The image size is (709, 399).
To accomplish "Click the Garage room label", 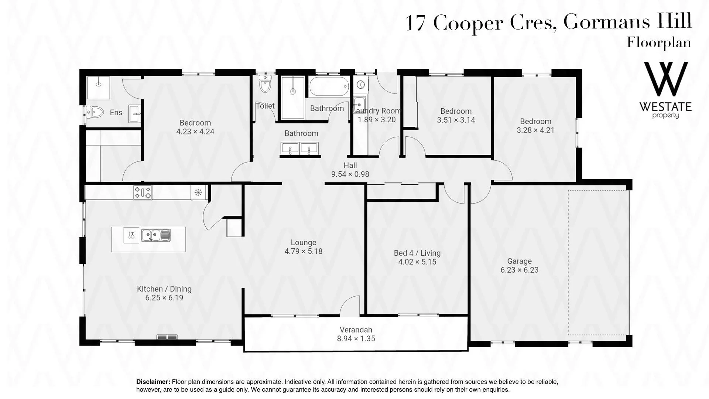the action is pyautogui.click(x=519, y=261).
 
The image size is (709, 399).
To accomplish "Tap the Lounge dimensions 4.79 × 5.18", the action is pyautogui.click(x=304, y=251).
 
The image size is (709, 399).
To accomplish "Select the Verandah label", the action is pyautogui.click(x=356, y=330).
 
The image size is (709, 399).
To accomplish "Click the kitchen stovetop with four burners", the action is pyautogui.click(x=143, y=192).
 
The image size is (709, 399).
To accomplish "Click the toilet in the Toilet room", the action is pyautogui.click(x=265, y=84).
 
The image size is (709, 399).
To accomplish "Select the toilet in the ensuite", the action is pyautogui.click(x=95, y=112).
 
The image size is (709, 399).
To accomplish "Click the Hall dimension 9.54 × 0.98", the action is pyautogui.click(x=350, y=174).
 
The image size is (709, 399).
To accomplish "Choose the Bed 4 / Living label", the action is pyautogui.click(x=417, y=253).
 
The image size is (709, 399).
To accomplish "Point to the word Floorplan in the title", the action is pyautogui.click(x=659, y=42).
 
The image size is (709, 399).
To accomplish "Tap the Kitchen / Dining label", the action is pyautogui.click(x=164, y=289).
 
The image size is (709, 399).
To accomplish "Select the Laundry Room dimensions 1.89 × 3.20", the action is pyautogui.click(x=377, y=120).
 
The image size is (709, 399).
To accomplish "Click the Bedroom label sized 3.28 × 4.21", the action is pyautogui.click(x=535, y=121).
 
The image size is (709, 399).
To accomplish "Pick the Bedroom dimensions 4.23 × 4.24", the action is pyautogui.click(x=195, y=132).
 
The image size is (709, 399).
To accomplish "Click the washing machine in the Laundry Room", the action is pyautogui.click(x=360, y=84).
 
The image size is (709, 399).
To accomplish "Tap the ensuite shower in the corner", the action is pyautogui.click(x=98, y=88).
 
